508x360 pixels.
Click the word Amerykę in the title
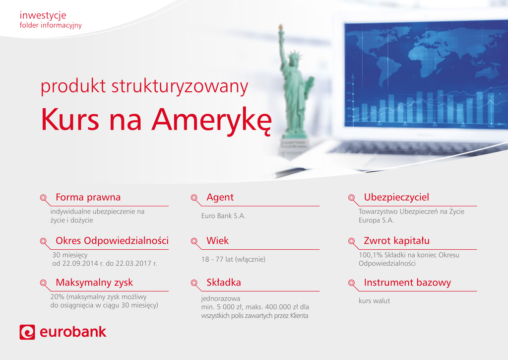tap(211, 120)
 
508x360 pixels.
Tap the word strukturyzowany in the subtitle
tap(180, 87)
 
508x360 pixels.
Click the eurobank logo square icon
tap(27, 332)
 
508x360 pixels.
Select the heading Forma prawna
tap(88, 197)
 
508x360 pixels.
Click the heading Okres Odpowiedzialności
tap(112, 241)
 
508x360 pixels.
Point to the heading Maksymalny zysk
tap(94, 283)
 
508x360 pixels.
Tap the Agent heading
tap(220, 197)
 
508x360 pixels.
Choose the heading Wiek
tap(218, 241)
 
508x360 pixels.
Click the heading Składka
tap(224, 283)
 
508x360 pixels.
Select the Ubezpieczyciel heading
tap(396, 197)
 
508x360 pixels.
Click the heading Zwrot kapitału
tap(397, 241)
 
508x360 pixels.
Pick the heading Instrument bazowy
tap(408, 283)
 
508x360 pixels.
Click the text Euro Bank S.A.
tap(224, 216)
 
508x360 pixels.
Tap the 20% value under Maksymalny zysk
tap(58, 297)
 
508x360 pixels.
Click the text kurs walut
tap(374, 300)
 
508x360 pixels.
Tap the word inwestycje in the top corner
tap(43, 15)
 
